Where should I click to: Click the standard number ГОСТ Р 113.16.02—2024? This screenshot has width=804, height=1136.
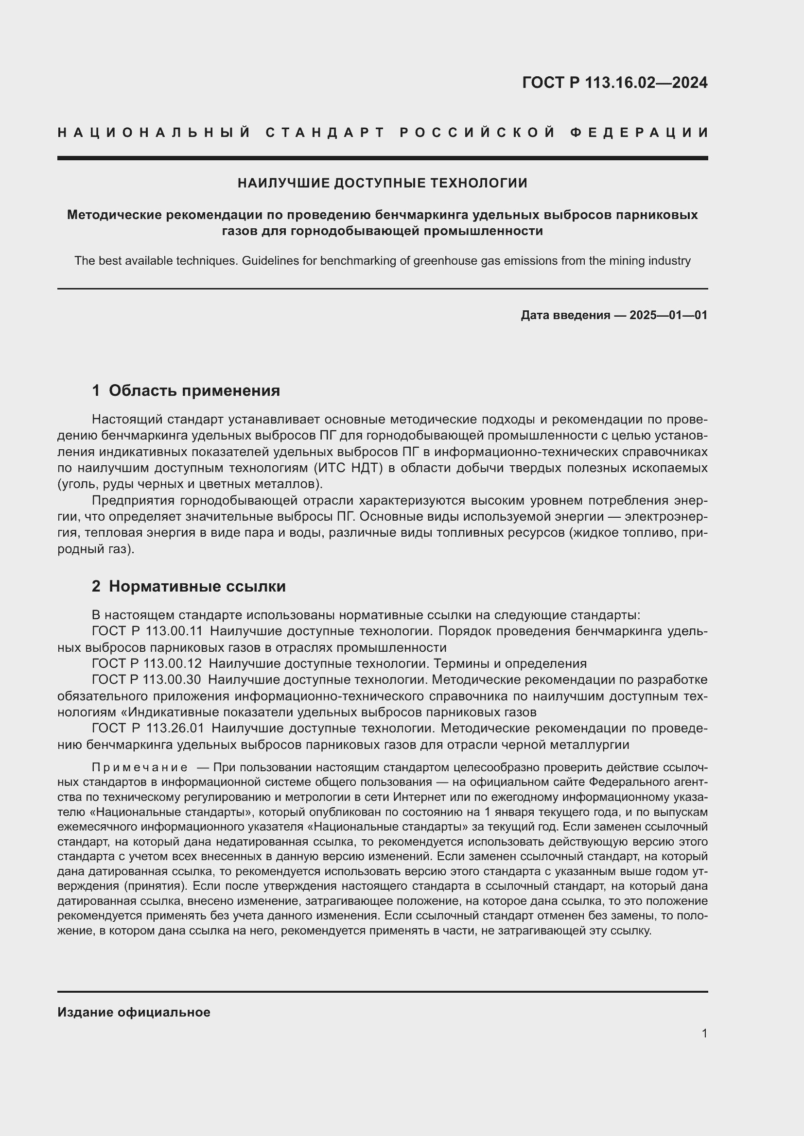tap(614, 83)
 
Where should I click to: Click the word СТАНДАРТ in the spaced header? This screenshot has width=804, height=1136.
tap(325, 133)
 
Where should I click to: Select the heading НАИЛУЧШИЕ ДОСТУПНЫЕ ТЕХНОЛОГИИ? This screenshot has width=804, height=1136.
tap(382, 183)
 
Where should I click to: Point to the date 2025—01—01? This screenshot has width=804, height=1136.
tap(668, 315)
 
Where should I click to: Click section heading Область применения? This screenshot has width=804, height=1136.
tap(194, 391)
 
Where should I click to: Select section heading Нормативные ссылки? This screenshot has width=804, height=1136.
tap(197, 586)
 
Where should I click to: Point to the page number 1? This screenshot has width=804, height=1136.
tap(704, 1033)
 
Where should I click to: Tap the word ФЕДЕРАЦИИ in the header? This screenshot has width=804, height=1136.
tap(639, 133)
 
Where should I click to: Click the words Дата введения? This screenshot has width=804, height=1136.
tap(565, 315)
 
